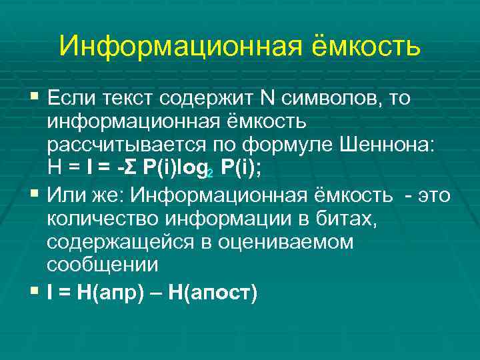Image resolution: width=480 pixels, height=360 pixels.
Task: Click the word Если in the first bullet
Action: [71, 99]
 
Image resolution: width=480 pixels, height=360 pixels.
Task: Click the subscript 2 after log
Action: [210, 175]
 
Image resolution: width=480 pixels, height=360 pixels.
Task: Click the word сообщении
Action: [102, 265]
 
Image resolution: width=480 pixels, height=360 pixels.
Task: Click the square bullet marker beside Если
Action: [35, 99]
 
